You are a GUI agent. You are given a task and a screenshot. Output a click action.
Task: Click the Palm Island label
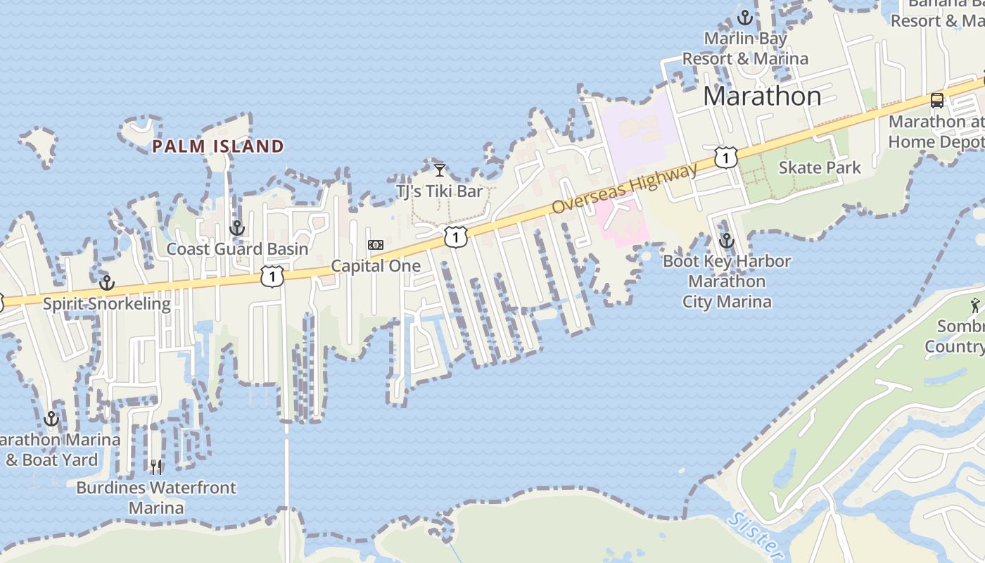(218, 146)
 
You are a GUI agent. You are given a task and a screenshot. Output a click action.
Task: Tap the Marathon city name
(762, 96)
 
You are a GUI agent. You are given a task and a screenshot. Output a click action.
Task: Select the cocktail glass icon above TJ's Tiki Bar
(440, 170)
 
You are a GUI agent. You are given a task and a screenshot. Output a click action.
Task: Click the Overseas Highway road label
(625, 188)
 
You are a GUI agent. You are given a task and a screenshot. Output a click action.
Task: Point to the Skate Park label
(820, 167)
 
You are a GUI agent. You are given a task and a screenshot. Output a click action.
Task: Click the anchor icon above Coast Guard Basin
(237, 228)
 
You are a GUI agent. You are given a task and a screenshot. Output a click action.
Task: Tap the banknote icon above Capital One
(376, 245)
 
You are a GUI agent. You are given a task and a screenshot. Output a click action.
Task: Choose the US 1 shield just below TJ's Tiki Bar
(455, 237)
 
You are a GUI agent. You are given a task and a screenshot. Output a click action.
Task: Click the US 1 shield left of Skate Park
(725, 157)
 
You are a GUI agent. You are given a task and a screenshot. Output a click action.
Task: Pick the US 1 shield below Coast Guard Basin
(272, 276)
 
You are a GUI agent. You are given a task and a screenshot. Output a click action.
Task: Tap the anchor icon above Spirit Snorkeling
(107, 283)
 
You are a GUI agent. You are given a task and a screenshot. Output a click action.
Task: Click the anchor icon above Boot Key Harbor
(727, 241)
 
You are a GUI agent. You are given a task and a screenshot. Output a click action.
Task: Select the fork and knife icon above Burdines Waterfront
(156, 467)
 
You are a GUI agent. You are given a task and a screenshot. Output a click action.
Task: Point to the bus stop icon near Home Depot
(937, 101)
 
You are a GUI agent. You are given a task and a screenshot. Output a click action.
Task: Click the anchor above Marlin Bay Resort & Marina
(745, 18)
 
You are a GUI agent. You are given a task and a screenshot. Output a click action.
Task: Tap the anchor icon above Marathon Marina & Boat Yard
(51, 419)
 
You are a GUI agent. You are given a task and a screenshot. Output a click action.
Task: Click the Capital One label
(376, 266)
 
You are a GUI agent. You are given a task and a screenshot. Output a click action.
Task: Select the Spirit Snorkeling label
(107, 304)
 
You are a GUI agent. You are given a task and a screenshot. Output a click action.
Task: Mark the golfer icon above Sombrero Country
(974, 306)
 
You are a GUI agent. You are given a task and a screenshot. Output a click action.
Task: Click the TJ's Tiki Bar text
(440, 191)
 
